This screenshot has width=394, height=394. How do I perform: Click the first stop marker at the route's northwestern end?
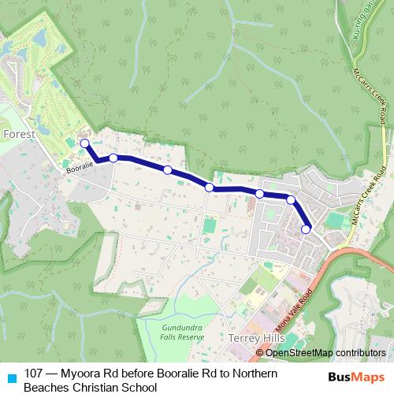coord(84,143)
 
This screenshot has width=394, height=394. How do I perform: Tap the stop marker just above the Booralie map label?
coord(113,158)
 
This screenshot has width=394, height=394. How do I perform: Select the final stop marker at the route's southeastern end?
coord(306,230)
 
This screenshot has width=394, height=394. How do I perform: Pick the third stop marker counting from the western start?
coord(168,169)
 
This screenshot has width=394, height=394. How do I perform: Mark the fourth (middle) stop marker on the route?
coord(210,187)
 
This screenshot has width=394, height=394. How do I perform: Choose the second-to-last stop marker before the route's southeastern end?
coord(291,199)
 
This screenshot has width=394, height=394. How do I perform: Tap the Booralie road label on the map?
coord(79,167)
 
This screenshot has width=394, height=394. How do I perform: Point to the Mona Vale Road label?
coord(295,311)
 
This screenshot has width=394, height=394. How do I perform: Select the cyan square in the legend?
coord(11,377)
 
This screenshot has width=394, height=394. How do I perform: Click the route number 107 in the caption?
coord(34,373)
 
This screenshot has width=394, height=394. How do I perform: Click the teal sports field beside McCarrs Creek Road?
coord(336,222)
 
